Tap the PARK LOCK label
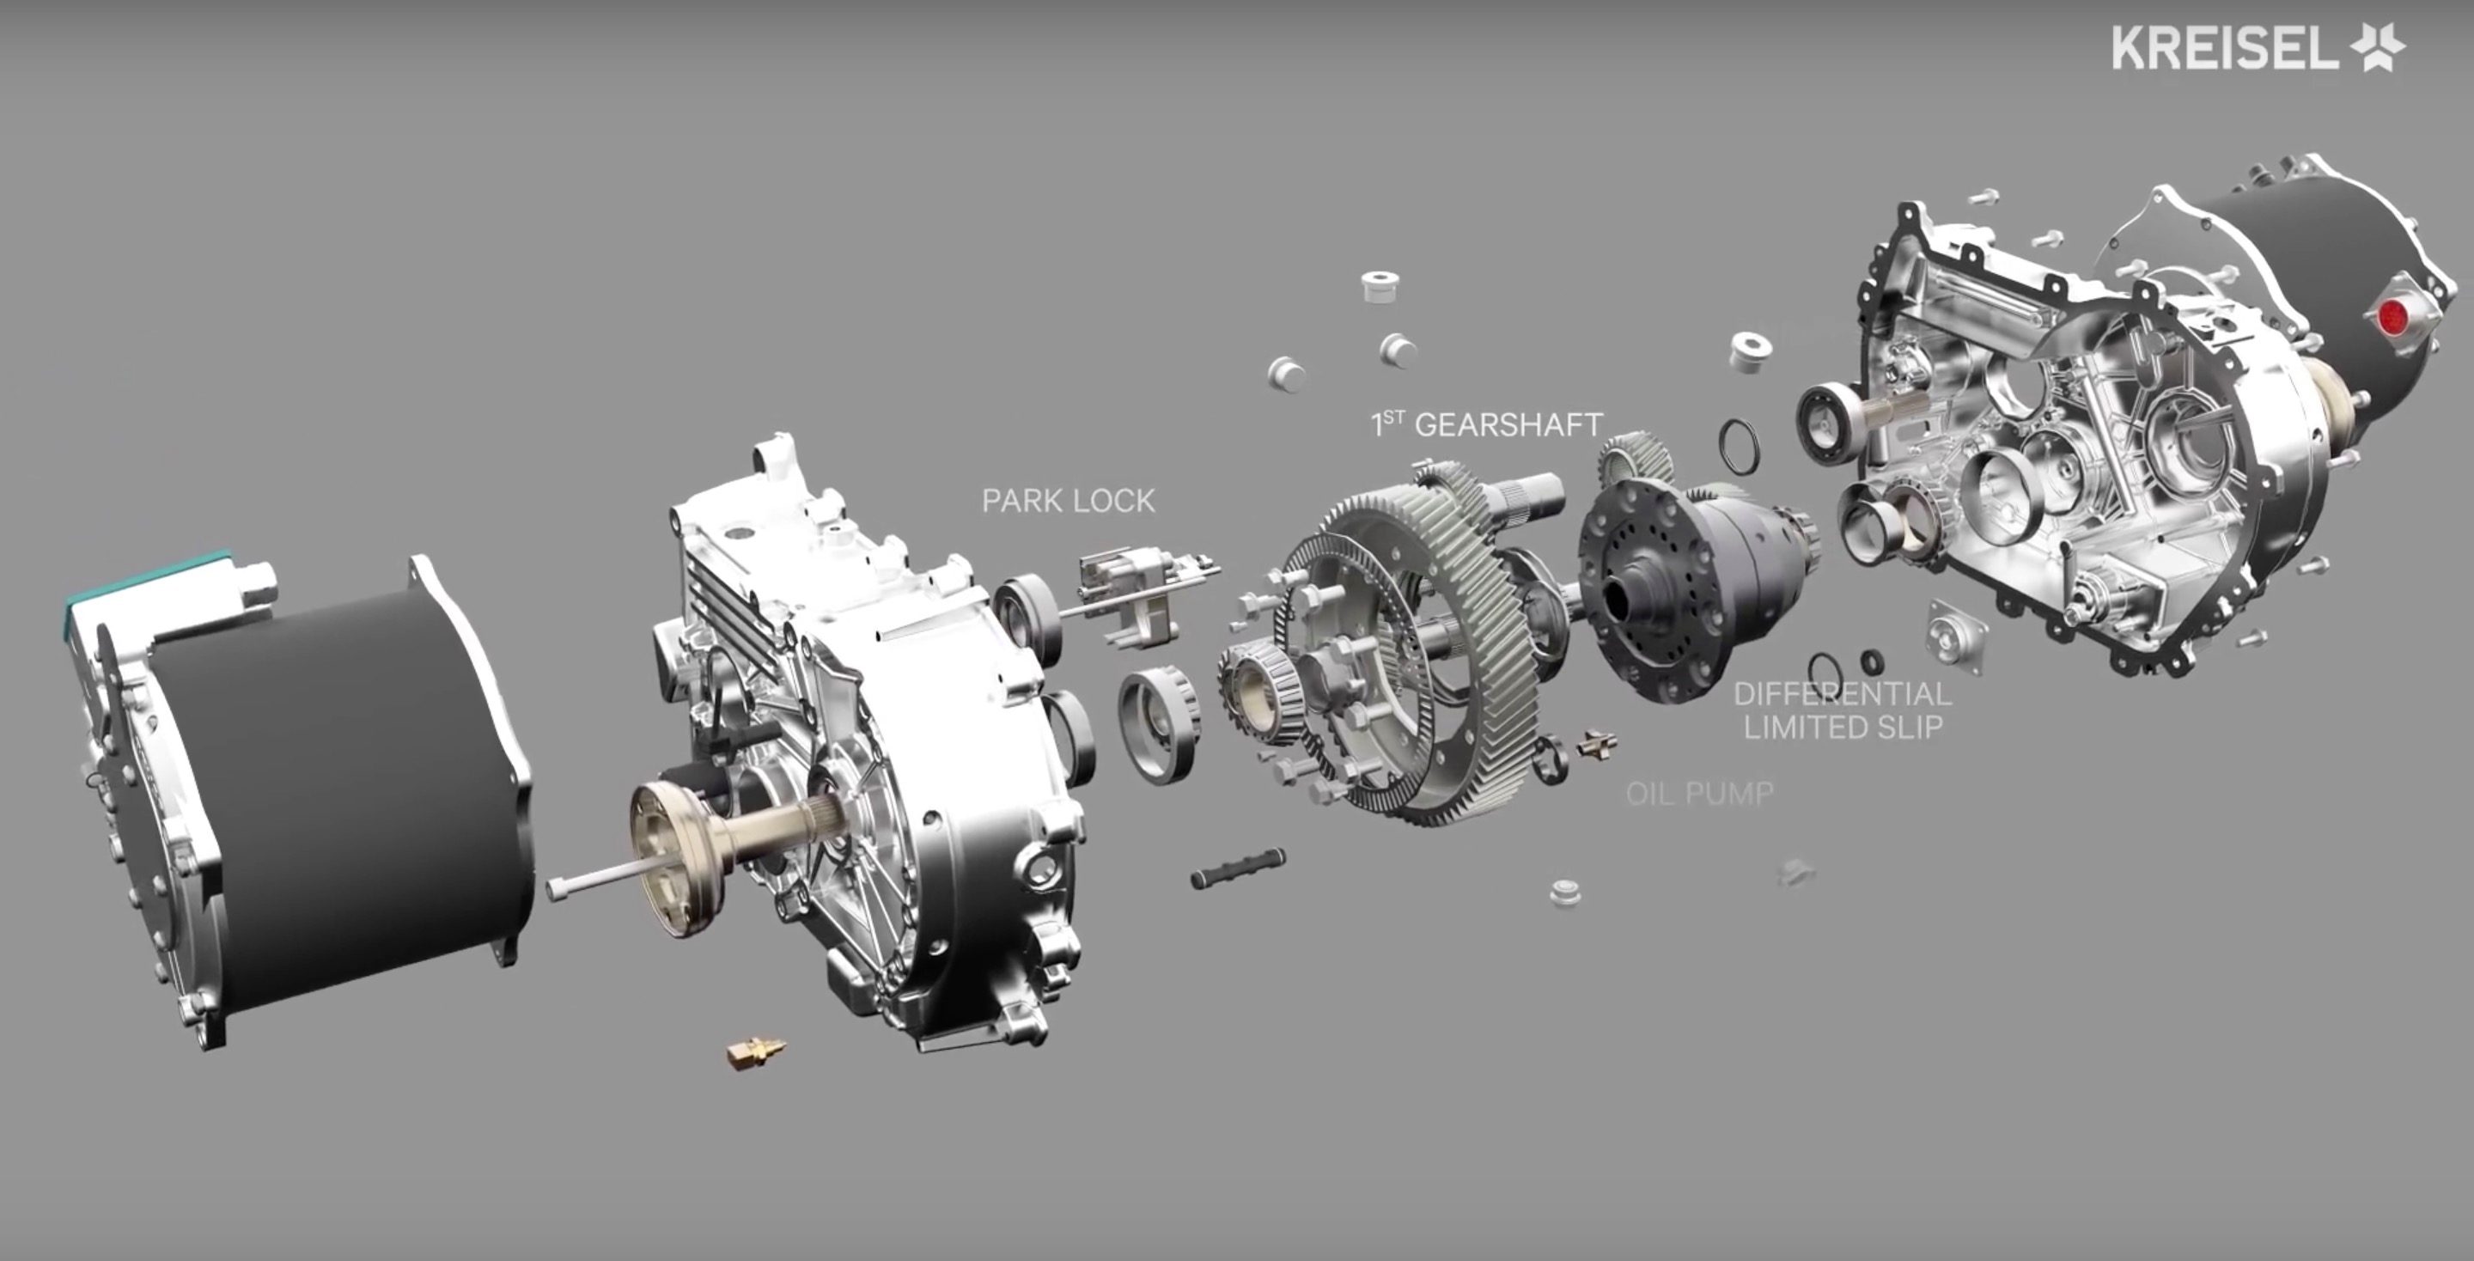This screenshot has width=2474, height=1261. tap(1068, 501)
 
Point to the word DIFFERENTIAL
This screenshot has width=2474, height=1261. tap(1843, 693)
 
